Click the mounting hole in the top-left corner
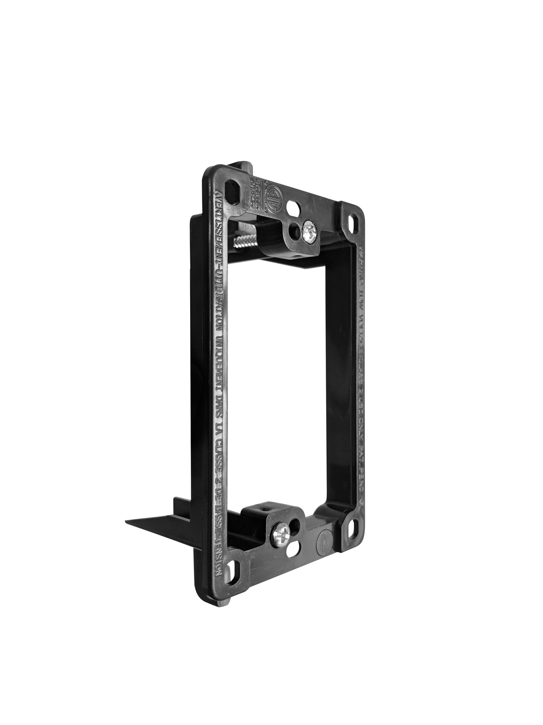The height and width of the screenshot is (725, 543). [230, 187]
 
